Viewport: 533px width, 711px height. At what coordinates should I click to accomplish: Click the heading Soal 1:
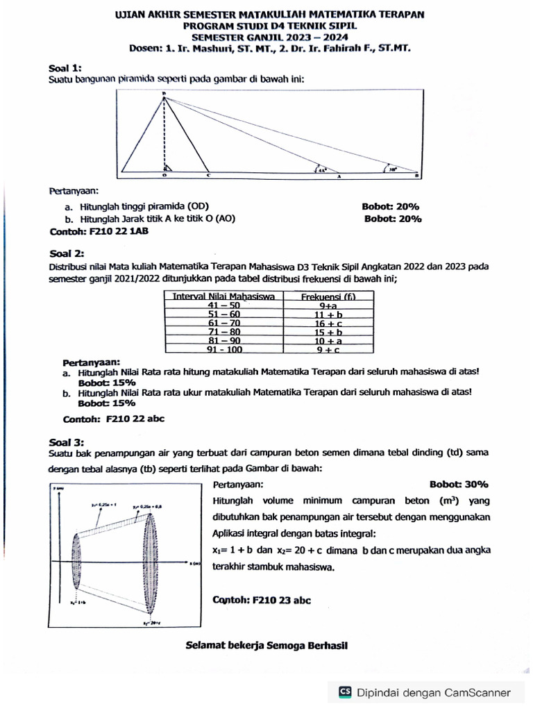click(65, 67)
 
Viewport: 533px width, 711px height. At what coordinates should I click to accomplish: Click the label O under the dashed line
click(164, 176)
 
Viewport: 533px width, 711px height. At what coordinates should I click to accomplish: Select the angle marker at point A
click(321, 168)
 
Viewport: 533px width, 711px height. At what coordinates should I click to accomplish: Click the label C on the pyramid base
click(208, 176)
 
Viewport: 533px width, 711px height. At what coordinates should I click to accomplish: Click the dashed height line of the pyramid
click(164, 135)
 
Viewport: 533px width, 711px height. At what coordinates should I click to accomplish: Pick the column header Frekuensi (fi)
click(328, 296)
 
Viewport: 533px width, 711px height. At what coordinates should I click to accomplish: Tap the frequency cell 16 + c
click(328, 323)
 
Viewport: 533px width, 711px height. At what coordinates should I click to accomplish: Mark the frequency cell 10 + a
click(328, 341)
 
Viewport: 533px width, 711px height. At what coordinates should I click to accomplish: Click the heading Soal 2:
click(66, 253)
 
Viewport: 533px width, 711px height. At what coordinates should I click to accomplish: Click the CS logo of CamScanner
click(345, 692)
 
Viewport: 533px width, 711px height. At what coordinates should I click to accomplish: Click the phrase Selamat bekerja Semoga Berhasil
click(266, 645)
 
